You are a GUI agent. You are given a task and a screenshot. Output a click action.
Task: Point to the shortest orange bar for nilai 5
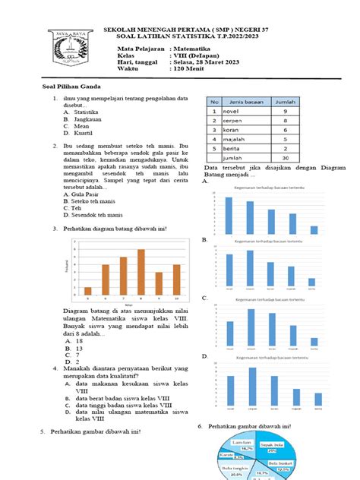coord(88,290)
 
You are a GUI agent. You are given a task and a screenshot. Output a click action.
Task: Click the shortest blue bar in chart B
coord(311,282)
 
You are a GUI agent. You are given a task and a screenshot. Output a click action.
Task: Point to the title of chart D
coord(270,355)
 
